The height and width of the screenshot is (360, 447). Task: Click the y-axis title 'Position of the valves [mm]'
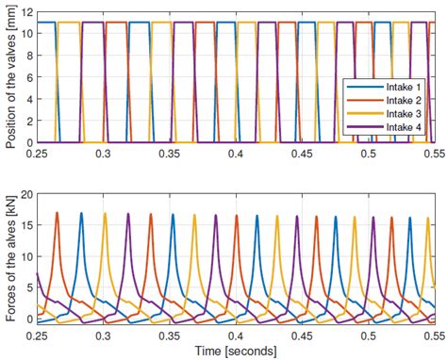(8, 76)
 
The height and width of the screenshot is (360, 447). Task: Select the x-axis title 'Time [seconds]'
(235, 352)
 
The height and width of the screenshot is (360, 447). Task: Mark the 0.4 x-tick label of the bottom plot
(236, 336)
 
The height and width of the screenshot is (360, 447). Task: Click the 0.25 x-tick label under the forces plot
(38, 336)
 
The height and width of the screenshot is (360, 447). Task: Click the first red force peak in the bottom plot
(58, 213)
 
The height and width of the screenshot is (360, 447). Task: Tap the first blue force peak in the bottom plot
(81, 214)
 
